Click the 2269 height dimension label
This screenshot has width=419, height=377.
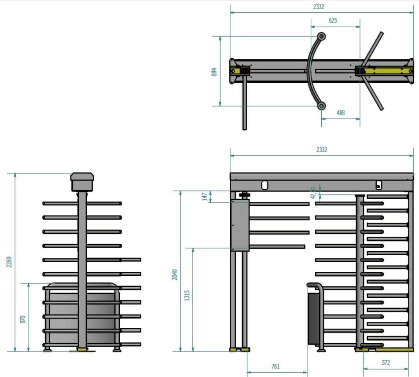(9, 262)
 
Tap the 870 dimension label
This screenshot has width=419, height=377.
(23, 319)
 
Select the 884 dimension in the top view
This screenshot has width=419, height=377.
(214, 72)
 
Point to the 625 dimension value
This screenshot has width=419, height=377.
(333, 21)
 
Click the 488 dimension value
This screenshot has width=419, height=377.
(341, 113)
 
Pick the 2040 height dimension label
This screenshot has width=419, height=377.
(174, 275)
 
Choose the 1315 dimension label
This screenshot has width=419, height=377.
(187, 296)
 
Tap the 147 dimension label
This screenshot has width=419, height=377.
(205, 197)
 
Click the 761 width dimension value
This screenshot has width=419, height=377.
(276, 366)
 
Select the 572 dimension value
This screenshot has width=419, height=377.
(386, 362)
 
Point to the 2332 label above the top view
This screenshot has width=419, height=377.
(319, 7)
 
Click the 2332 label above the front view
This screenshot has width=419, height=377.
(322, 150)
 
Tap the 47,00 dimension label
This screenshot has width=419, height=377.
(313, 193)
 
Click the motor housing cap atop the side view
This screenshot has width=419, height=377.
(82, 182)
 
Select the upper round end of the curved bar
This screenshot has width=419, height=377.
(321, 36)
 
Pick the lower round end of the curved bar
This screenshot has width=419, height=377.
(321, 106)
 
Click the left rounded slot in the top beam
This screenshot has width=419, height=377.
(265, 185)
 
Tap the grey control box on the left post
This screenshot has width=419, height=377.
(240, 225)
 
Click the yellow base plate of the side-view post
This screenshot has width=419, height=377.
(82, 349)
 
